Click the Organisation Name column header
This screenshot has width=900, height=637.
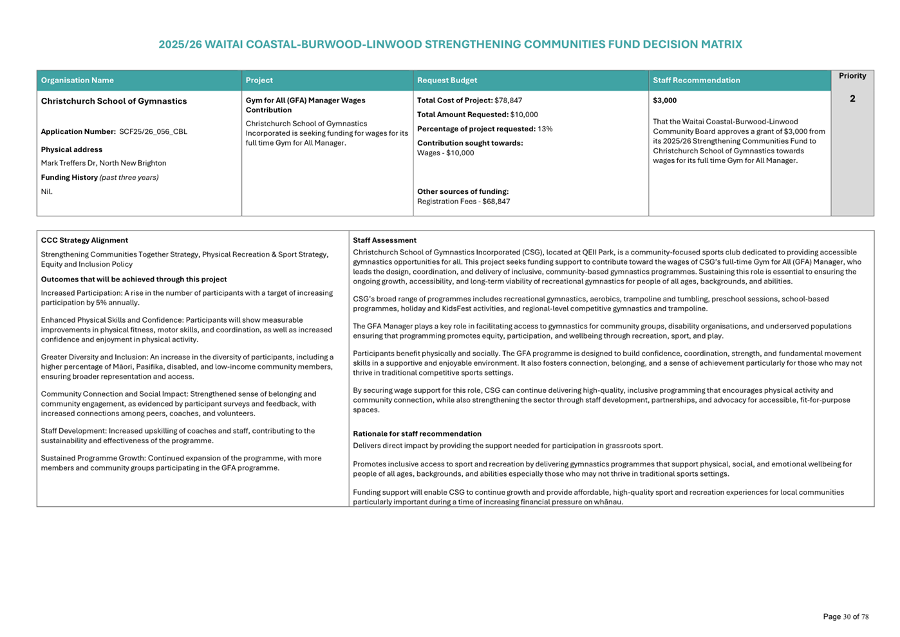tap(77, 81)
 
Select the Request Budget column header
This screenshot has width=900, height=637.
tap(447, 81)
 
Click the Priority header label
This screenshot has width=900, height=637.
tap(852, 76)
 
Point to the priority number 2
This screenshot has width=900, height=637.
tap(852, 99)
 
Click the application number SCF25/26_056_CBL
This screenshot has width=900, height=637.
tap(153, 132)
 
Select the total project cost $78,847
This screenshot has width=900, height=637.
tap(508, 100)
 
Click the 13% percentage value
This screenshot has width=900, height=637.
tap(545, 129)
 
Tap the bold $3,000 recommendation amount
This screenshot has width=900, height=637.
tap(664, 100)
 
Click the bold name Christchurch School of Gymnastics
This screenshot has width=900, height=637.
tap(114, 101)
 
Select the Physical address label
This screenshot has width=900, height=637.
tap(71, 149)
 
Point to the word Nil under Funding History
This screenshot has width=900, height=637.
tap(47, 191)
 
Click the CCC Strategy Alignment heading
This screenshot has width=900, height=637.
tap(84, 240)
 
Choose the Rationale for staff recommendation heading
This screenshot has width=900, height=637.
tap(417, 434)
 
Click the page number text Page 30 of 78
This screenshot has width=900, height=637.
tap(845, 616)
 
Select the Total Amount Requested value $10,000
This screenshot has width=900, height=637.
tap(524, 115)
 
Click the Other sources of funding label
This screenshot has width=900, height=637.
tap(462, 191)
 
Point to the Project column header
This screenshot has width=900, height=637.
tap(259, 81)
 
